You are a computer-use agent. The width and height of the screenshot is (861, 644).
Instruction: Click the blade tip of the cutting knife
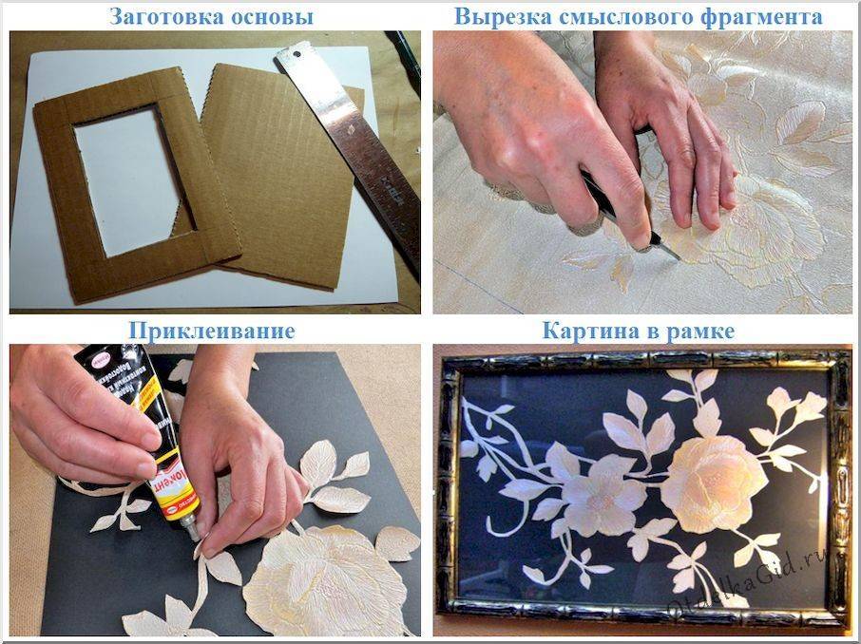[676, 256]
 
